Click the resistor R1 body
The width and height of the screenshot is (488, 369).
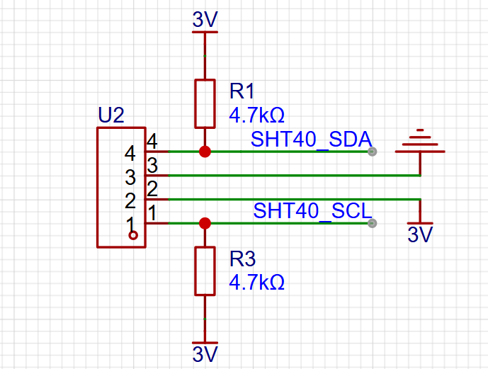click(x=205, y=103)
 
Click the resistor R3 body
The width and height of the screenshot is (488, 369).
click(x=205, y=271)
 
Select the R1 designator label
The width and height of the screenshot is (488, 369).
click(x=242, y=91)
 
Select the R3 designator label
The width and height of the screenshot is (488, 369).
click(x=242, y=259)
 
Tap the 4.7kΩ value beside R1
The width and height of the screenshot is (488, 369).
click(x=257, y=115)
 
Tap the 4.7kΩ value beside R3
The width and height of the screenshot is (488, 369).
click(x=257, y=283)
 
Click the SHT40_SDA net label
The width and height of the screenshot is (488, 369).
click(x=311, y=139)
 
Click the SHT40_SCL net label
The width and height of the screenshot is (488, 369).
click(x=313, y=211)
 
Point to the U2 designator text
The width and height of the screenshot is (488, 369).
click(x=111, y=115)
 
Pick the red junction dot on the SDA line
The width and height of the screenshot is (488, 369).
click(x=205, y=152)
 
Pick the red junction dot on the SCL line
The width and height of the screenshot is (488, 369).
click(x=205, y=223)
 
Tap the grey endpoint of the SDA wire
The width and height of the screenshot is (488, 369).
click(x=373, y=152)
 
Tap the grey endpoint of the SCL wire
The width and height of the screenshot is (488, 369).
click(x=373, y=223)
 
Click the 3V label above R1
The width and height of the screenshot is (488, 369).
click(x=205, y=20)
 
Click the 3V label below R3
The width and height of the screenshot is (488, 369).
click(x=205, y=354)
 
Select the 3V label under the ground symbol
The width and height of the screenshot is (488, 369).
click(x=420, y=234)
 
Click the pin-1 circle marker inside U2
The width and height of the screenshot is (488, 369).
click(x=133, y=236)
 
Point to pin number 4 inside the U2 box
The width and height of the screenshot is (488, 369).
click(x=130, y=154)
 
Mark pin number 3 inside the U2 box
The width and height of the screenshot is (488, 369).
click(x=130, y=177)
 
